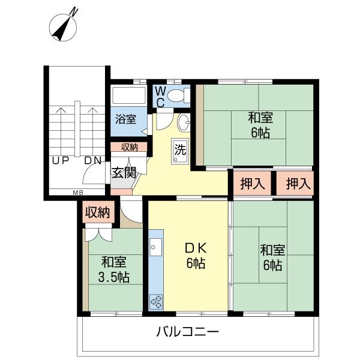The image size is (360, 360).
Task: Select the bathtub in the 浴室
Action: [129, 95]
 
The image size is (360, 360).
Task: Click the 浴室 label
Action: [125, 119]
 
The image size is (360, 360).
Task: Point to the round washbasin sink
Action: [185, 123]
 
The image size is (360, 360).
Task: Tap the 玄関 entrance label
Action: [124, 172]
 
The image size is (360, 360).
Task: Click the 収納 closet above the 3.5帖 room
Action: [97, 212]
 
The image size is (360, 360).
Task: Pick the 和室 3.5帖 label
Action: [114, 269]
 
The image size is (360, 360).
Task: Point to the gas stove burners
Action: [156, 300]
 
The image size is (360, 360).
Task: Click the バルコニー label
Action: [188, 331]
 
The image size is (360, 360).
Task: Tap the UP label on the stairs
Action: [59, 161]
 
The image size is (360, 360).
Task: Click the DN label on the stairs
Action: [92, 161]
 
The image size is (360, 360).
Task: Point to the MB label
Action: [78, 193]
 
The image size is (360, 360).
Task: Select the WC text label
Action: [160, 96]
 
